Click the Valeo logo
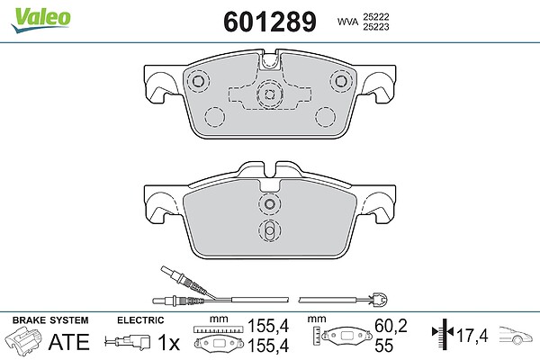(x=40, y=20)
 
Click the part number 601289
(x=270, y=22)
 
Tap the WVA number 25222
(x=375, y=17)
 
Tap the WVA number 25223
(x=375, y=27)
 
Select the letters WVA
(x=347, y=22)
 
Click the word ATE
(x=69, y=342)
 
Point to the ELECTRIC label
(x=140, y=320)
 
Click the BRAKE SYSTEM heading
(x=50, y=320)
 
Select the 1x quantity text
(x=168, y=342)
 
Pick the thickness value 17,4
(x=472, y=336)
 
